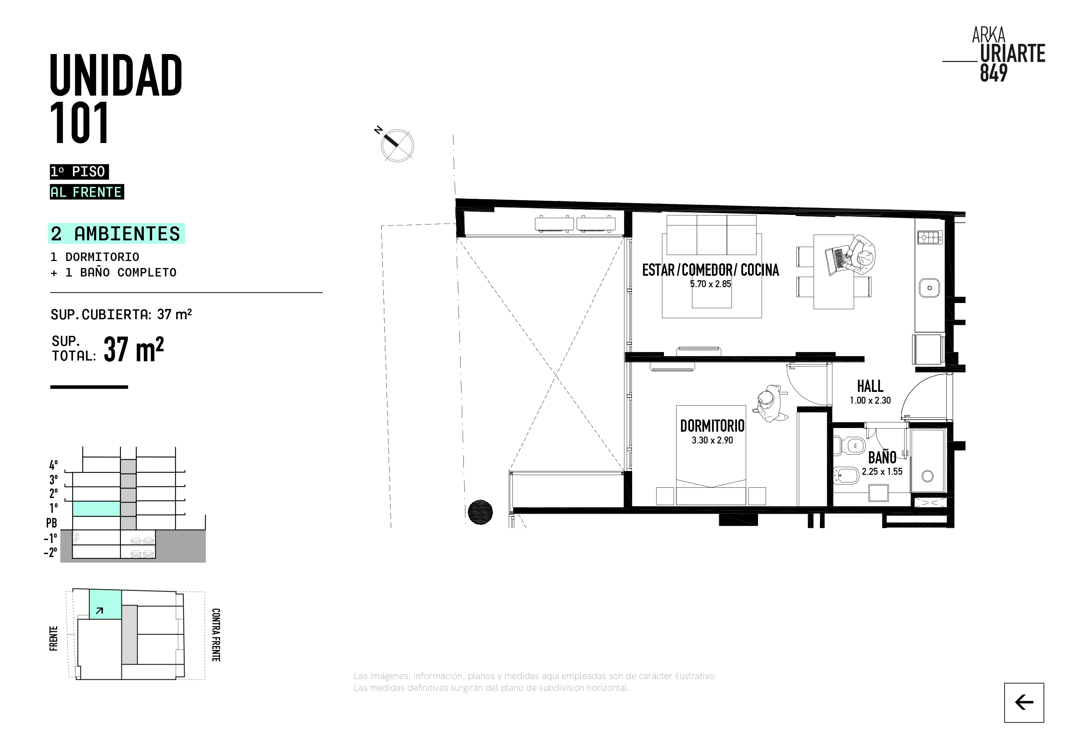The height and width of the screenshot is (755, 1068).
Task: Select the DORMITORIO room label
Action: pos(712,426)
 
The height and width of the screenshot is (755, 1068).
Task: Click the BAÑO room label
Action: pos(882,457)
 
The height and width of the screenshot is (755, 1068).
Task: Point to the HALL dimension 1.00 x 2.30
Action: pos(870,400)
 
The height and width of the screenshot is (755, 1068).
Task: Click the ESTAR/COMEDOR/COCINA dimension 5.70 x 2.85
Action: pos(710,284)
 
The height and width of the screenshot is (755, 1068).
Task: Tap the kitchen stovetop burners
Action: pos(929,238)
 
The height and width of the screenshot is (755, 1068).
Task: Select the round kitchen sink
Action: pos(929,288)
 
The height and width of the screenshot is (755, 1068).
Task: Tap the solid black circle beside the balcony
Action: pos(480,512)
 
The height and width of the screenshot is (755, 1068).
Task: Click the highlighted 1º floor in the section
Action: pos(96,508)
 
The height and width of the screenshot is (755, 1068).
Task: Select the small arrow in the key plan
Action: pos(99,611)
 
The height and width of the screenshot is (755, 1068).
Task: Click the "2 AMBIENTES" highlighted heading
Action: pos(116,233)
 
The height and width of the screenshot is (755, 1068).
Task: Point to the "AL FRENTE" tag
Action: pos(87,192)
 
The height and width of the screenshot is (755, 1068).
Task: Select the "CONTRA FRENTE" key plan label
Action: pos(216,634)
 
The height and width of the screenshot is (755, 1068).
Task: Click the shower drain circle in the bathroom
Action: pos(928,476)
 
